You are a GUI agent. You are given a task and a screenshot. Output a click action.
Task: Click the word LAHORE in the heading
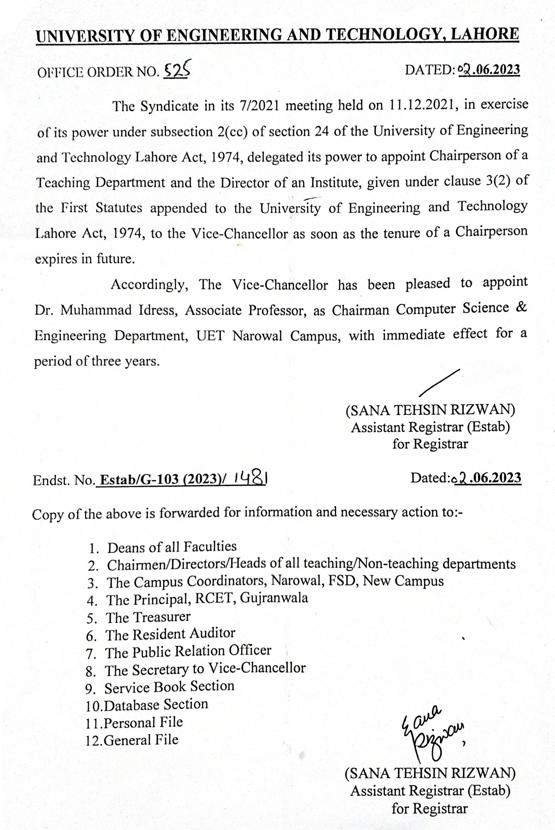486,34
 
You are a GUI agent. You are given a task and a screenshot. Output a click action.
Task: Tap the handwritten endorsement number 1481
250,479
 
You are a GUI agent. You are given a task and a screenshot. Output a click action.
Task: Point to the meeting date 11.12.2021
422,106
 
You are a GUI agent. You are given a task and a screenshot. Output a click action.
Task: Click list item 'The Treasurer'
148,617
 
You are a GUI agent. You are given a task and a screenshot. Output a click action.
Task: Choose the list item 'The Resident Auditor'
170,634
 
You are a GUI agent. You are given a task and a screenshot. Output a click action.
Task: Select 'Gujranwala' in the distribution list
274,598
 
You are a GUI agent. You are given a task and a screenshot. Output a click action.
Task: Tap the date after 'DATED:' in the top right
489,70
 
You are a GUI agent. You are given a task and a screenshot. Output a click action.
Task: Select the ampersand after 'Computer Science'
521,308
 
